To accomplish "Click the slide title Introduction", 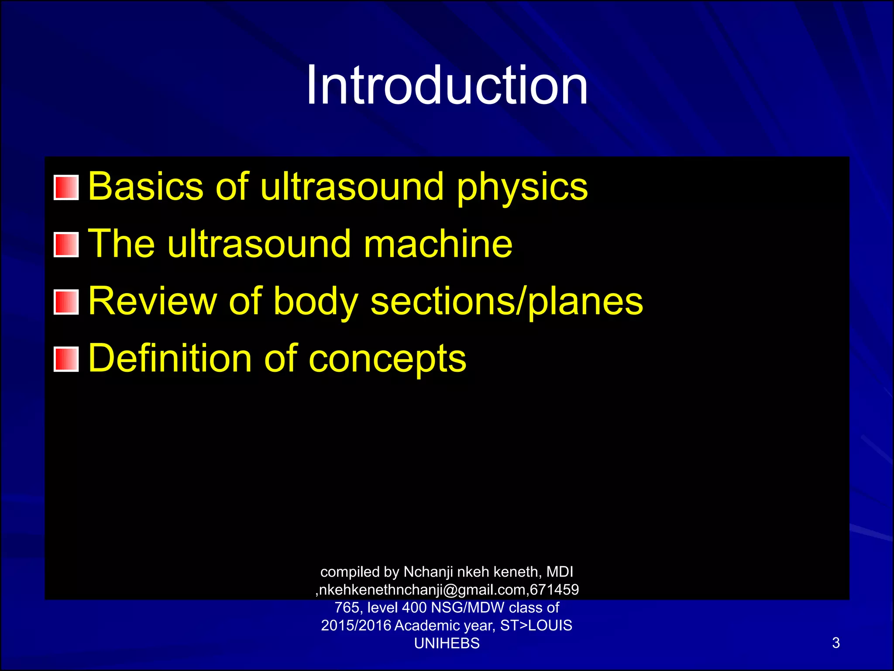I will (x=447, y=85).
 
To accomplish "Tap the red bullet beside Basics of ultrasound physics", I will (x=66, y=187).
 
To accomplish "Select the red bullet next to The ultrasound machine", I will (x=66, y=245).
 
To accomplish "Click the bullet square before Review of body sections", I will (x=66, y=302).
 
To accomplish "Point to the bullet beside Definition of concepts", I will (x=66, y=359).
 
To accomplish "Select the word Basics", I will (x=146, y=187).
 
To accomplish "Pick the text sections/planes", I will (x=507, y=302).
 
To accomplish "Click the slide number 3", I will (x=836, y=643).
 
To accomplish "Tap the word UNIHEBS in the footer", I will (x=447, y=643).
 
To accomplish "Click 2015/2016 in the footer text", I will (x=356, y=626).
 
